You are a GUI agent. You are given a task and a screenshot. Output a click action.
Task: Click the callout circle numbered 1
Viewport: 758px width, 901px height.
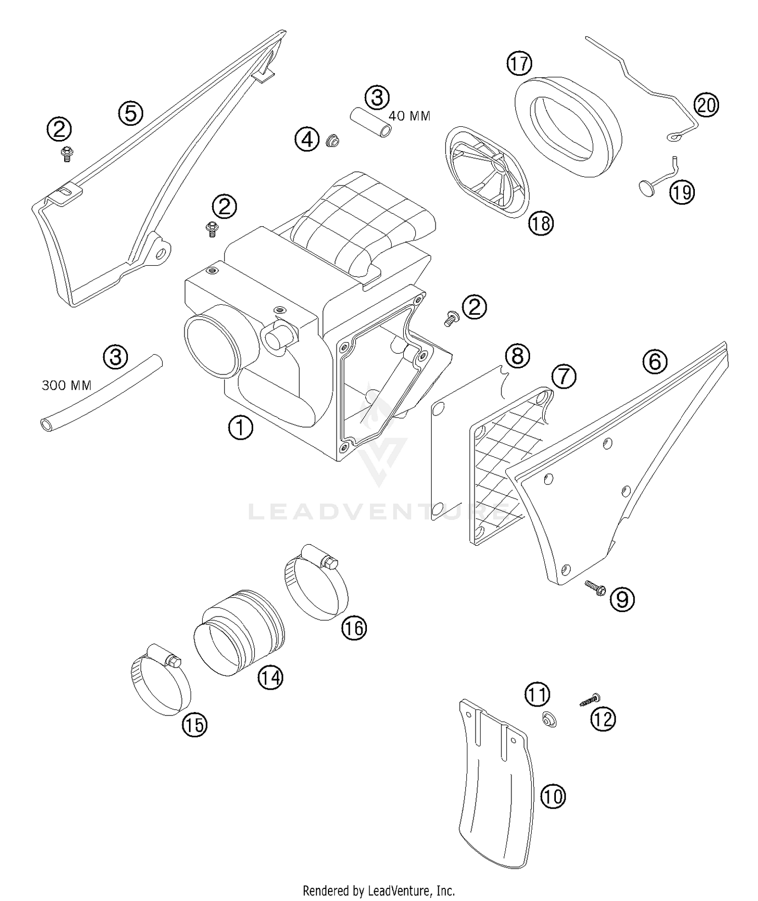click(241, 428)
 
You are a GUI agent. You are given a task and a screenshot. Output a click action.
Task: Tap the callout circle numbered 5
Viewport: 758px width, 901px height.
click(131, 113)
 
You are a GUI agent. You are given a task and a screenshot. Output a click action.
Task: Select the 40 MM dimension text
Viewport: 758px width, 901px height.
click(409, 116)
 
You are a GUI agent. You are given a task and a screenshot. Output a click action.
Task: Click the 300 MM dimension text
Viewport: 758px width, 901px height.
click(66, 386)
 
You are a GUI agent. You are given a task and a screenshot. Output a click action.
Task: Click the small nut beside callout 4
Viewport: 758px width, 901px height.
click(332, 140)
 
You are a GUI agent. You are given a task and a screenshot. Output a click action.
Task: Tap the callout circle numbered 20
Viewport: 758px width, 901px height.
click(706, 106)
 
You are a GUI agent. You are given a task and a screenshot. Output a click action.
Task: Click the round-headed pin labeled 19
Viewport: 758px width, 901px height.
click(647, 187)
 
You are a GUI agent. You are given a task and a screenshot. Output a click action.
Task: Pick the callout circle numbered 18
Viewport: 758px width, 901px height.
click(541, 223)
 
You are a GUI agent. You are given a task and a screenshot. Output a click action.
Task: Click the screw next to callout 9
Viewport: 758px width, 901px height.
click(596, 587)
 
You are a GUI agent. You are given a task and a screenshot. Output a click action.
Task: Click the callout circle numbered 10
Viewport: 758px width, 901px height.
click(552, 797)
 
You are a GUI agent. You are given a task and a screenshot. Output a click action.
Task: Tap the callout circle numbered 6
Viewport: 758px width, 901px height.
click(655, 362)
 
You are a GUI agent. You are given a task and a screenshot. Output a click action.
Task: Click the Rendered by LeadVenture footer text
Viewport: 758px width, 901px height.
click(378, 890)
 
